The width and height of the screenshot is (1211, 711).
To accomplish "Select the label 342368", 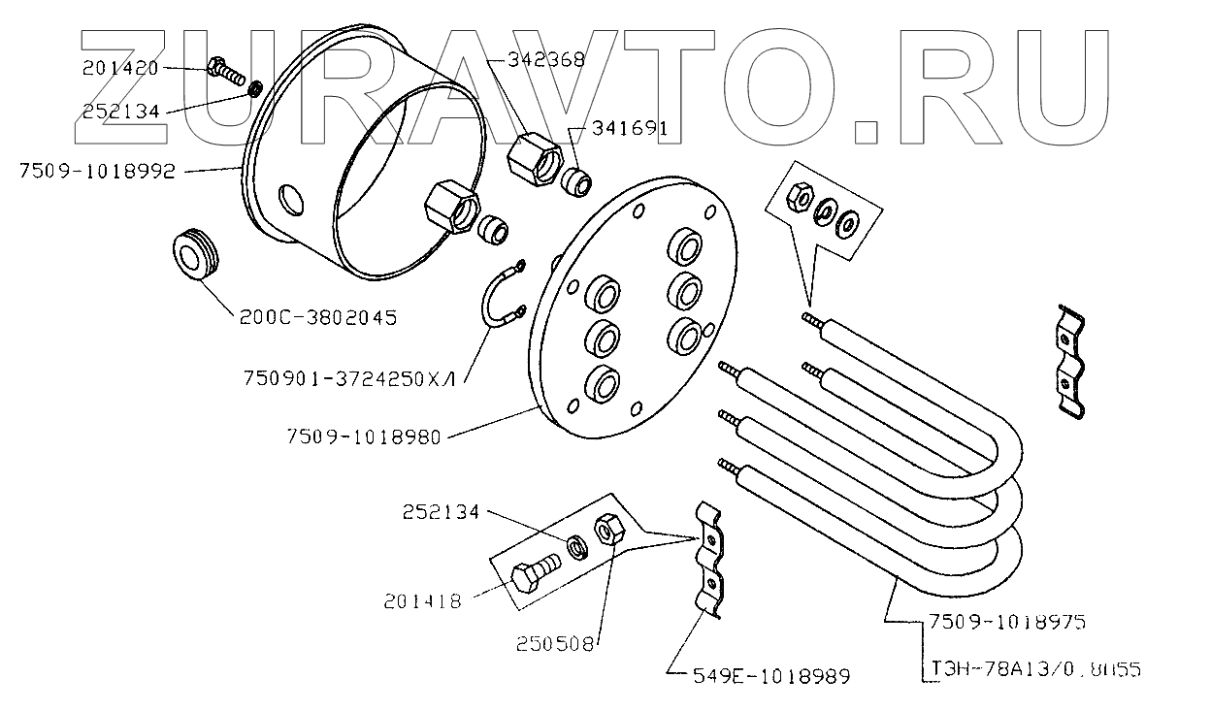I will point(546,60).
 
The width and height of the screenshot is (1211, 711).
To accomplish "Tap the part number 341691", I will point(618,128).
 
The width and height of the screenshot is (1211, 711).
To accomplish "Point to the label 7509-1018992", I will point(97,172).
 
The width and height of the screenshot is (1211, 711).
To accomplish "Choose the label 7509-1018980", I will point(364,437).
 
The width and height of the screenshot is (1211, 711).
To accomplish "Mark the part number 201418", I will point(421,600).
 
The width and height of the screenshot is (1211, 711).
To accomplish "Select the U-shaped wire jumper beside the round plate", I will point(502,300).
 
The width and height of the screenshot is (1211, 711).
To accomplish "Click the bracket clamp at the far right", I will point(1070,361).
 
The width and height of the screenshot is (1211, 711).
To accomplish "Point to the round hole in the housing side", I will point(290,199).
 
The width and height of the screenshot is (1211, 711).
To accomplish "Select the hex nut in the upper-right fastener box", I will point(800,197).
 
